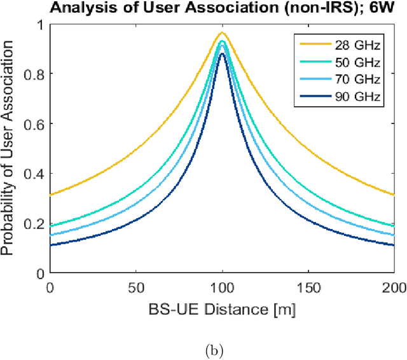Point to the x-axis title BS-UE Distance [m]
pos(222,310)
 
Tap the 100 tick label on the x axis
pos(222,288)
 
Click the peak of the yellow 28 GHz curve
pos(222,32)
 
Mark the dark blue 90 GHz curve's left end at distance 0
pos(50,246)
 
